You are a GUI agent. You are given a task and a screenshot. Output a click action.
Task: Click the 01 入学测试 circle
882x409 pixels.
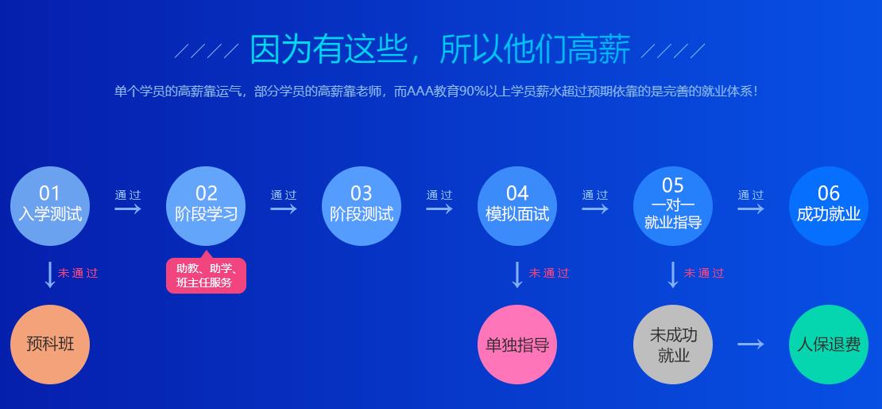click(50, 206)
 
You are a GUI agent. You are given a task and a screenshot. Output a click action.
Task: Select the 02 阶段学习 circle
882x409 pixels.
click(206, 206)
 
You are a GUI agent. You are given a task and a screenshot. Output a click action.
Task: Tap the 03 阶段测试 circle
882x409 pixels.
click(362, 206)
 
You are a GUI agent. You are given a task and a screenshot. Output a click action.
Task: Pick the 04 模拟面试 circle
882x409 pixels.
click(517, 206)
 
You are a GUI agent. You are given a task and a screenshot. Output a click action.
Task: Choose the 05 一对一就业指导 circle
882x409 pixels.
click(673, 206)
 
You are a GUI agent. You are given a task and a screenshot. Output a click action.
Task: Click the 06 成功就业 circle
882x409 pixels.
click(829, 206)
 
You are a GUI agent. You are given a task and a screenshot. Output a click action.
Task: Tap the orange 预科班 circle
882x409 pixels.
click(50, 344)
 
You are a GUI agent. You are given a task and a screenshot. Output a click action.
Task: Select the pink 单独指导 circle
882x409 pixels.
click(517, 344)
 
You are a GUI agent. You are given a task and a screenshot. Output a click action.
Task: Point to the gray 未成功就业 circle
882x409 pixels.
click(673, 344)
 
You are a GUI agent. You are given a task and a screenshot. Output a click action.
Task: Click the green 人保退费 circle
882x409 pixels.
click(829, 344)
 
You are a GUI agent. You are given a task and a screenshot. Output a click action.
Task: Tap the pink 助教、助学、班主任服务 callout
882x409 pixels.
click(206, 276)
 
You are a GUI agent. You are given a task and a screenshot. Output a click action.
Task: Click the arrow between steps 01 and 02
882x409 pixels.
click(127, 208)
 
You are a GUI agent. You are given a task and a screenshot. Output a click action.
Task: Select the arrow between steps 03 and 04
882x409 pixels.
click(439, 208)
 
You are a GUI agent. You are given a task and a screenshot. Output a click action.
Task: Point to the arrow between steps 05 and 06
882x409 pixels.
click(750, 208)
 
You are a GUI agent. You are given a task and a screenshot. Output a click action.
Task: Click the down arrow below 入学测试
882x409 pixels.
click(50, 274)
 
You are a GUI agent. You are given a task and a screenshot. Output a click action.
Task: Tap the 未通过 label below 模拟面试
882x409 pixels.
click(549, 273)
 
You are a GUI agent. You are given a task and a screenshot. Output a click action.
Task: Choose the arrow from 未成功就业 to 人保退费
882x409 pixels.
click(750, 344)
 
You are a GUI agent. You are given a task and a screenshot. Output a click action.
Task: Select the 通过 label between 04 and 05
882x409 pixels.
click(594, 195)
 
